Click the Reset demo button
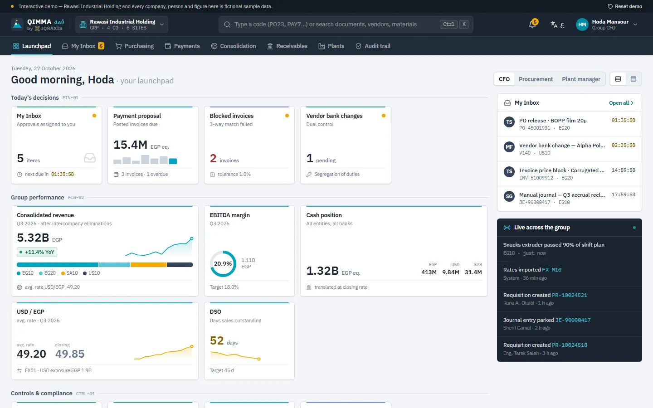(x=625, y=6)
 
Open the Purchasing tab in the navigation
(x=135, y=46)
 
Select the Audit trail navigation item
(x=373, y=46)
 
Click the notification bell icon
(x=532, y=24)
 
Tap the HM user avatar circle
(x=582, y=24)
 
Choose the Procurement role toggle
(x=536, y=79)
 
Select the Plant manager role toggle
(x=581, y=79)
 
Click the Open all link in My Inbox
(x=621, y=103)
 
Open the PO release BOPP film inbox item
(x=570, y=124)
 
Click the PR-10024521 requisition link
(x=570, y=295)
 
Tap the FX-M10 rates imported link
(x=551, y=270)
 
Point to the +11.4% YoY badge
(x=37, y=252)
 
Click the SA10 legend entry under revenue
(x=69, y=273)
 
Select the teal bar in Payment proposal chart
(x=173, y=161)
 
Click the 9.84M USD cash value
(x=450, y=272)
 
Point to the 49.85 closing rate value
(x=70, y=354)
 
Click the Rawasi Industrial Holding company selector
(x=122, y=24)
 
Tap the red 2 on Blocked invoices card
(x=213, y=159)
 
